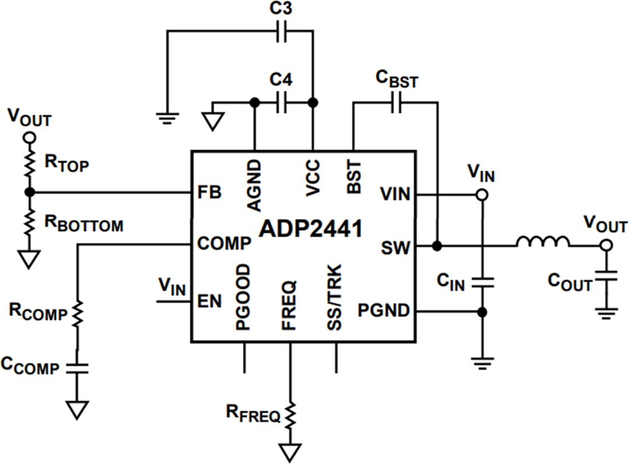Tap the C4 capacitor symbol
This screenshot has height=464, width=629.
[x=282, y=103]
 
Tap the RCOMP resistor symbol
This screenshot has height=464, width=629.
[x=77, y=314]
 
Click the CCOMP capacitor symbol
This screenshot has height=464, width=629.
[x=77, y=367]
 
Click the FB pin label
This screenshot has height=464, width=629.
[x=210, y=193]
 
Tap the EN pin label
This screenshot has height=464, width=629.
[x=209, y=302]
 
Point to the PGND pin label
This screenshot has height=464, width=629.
[x=384, y=311]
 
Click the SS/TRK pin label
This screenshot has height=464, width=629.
[x=334, y=297]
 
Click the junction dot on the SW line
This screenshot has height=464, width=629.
[x=437, y=246]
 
